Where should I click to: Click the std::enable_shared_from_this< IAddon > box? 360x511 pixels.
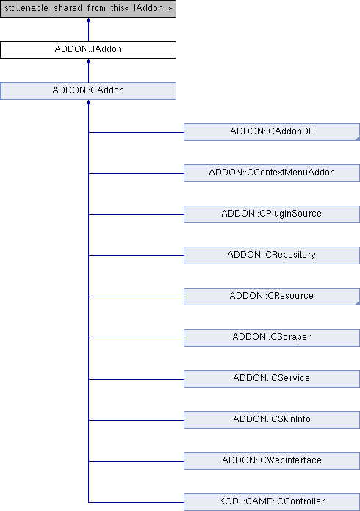[88, 9]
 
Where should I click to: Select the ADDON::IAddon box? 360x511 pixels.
[88, 50]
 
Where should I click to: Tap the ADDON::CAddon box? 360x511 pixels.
[88, 91]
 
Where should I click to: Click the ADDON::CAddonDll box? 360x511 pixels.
[272, 132]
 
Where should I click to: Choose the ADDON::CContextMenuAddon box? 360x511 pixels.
[272, 173]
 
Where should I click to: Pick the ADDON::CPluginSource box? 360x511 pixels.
[272, 214]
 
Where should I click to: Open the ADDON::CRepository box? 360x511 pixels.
[272, 255]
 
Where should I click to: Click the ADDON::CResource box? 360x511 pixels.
[272, 296]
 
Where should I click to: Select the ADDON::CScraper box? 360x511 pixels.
[272, 337]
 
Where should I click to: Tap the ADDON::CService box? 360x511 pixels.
[272, 378]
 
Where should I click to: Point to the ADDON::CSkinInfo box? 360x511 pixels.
[272, 419]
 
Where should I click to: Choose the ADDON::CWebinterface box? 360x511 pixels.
[272, 460]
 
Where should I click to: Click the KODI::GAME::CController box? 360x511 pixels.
[272, 502]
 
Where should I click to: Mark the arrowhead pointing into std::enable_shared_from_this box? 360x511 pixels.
[88, 21]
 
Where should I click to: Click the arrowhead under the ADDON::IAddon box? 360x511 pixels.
[88, 61]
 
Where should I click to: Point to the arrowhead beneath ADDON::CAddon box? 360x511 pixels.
[88, 102]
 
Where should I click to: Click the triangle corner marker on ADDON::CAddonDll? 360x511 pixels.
[358, 139]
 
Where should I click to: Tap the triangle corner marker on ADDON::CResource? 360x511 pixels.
[358, 303]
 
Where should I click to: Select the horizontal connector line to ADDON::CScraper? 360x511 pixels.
[136, 338]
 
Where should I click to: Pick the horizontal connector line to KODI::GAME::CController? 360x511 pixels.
[136, 502]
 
